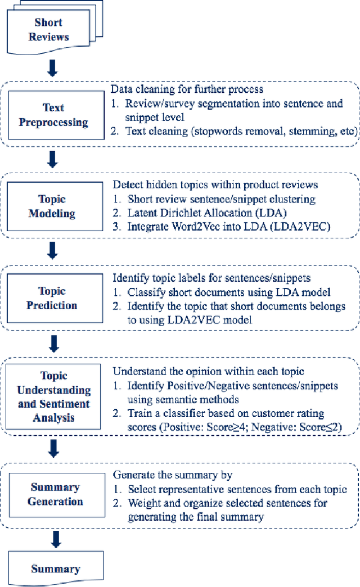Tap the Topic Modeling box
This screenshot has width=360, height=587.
click(52, 206)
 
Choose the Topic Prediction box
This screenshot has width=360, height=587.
click(52, 298)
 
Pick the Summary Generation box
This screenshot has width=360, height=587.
click(56, 494)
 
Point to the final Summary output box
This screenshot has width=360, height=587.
click(55, 569)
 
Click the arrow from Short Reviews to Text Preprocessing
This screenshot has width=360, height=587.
click(52, 69)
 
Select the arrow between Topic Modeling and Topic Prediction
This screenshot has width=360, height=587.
click(52, 251)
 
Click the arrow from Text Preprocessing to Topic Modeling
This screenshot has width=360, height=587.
click(52, 160)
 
